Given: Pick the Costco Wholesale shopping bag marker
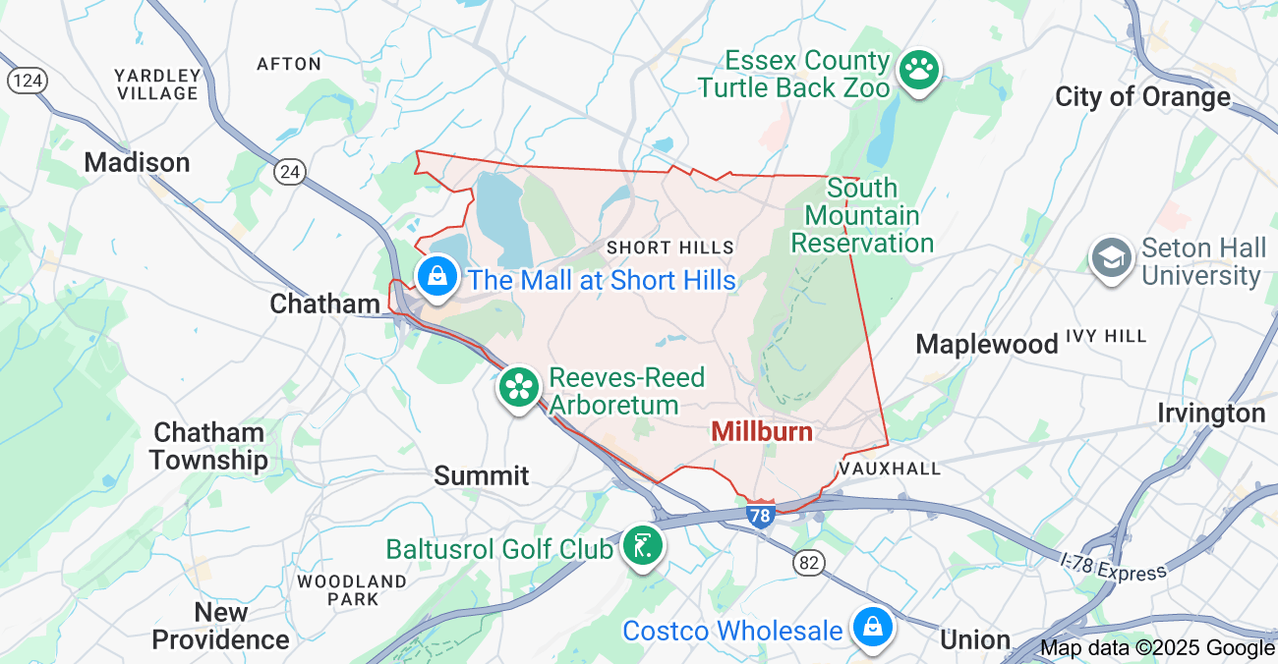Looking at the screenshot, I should pyautogui.click(x=871, y=627).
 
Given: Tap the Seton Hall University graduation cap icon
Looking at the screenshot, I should pyautogui.click(x=1112, y=258).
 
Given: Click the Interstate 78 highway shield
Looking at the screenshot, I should pyautogui.click(x=760, y=515).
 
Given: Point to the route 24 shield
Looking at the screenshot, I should pyautogui.click(x=289, y=172).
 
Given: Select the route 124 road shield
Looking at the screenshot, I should pyautogui.click(x=27, y=80).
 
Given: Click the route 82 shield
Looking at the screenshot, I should pyautogui.click(x=809, y=563).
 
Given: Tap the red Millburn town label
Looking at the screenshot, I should pyautogui.click(x=762, y=431).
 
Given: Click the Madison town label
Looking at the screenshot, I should pyautogui.click(x=137, y=162).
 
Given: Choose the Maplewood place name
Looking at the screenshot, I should pyautogui.click(x=987, y=344).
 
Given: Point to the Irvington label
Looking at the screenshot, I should pyautogui.click(x=1210, y=413).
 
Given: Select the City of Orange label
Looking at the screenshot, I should pyautogui.click(x=1142, y=96).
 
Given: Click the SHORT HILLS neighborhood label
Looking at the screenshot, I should pyautogui.click(x=670, y=248).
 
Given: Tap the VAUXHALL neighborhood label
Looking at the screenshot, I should pyautogui.click(x=890, y=469).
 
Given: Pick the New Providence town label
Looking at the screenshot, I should pyautogui.click(x=220, y=626).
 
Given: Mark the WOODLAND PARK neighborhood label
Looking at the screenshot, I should pyautogui.click(x=352, y=589).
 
